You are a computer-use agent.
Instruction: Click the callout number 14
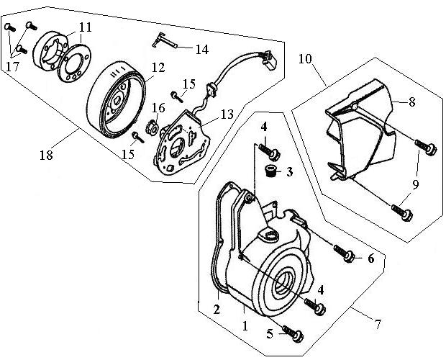(x=201, y=49)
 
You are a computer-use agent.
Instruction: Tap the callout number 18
(x=46, y=156)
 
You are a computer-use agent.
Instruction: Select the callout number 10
(x=305, y=59)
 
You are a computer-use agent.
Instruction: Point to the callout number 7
(x=378, y=324)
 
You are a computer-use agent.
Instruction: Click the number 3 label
(x=289, y=172)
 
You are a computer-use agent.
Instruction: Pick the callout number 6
(x=370, y=258)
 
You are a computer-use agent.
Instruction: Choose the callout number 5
(x=270, y=334)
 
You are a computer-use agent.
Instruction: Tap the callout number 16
(x=158, y=108)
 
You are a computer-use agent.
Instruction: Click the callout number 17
(x=12, y=66)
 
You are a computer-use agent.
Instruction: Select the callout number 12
(x=158, y=68)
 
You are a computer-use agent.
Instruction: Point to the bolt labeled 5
(x=293, y=334)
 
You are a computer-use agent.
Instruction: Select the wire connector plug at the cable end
(x=268, y=60)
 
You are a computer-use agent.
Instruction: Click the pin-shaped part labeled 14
(x=165, y=41)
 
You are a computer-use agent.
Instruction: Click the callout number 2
(x=217, y=310)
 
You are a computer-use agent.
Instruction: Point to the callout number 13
(x=227, y=114)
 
